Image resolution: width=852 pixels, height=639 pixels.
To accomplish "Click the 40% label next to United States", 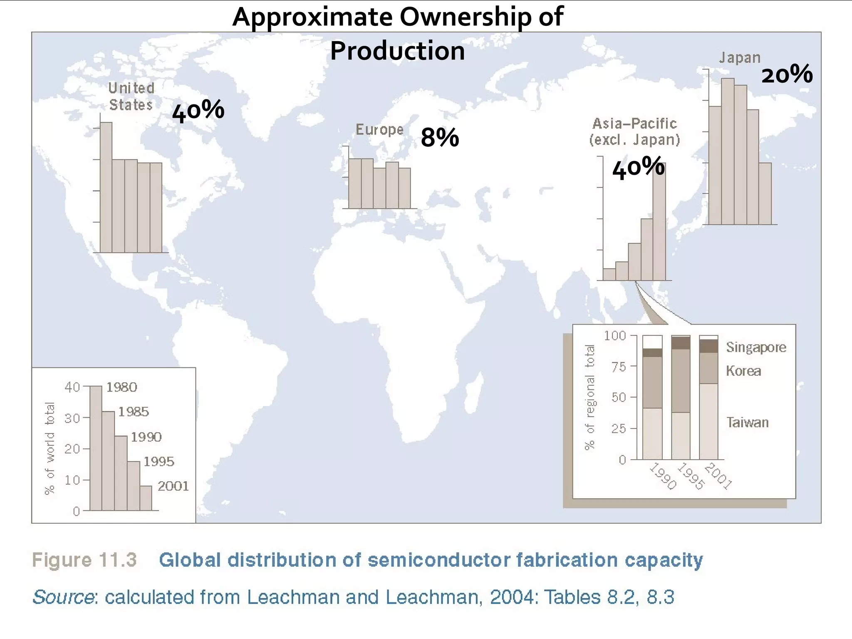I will (x=198, y=111).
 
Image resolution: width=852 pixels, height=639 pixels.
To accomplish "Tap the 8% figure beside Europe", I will (x=439, y=138).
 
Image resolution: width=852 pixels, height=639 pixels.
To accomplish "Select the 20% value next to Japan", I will (x=787, y=75).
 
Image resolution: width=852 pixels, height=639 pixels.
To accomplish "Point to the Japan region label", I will (x=740, y=58).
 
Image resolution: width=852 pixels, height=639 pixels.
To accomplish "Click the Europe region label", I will (x=379, y=130).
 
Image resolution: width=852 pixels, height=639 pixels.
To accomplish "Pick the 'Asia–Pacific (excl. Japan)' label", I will (x=634, y=131).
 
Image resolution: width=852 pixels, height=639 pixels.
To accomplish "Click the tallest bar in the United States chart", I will (x=106, y=187).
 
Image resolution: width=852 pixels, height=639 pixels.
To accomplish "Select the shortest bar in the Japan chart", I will (x=765, y=193).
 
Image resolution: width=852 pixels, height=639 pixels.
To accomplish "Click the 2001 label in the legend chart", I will (x=173, y=486).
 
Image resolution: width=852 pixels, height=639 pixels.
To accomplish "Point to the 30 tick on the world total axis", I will (x=72, y=418).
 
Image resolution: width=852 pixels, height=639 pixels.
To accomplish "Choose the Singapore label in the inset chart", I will (x=756, y=347).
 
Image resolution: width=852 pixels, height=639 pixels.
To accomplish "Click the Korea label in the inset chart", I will (x=743, y=371).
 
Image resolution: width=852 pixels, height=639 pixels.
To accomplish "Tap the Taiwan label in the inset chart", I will (x=747, y=422).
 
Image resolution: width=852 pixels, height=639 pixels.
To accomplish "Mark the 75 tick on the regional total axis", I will (x=619, y=367).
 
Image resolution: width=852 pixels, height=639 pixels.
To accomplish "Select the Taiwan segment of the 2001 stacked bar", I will (x=708, y=421).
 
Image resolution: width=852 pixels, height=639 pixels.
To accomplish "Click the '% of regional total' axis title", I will (x=590, y=397).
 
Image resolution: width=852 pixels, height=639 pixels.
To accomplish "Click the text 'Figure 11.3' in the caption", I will (x=84, y=560).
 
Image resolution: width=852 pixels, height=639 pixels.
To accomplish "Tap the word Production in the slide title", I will (x=397, y=51).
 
